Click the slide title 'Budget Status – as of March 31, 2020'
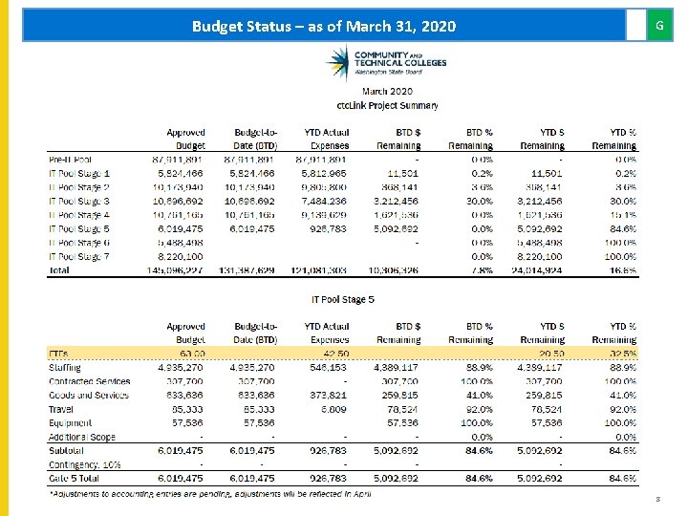pos(324,26)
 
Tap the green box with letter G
pos(659,26)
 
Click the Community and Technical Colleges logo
pos(386,64)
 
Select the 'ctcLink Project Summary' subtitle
pos(387,105)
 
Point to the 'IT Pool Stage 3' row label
pos(79,202)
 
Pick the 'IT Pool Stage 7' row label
pos(79,257)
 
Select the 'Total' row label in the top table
pos(59,270)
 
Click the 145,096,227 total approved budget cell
pos(177,270)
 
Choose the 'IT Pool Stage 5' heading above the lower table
pos(343,300)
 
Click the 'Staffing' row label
pos(65,368)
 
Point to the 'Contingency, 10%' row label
pos(85,464)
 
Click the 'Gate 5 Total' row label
pos(75,479)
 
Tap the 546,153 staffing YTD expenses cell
pos(329,368)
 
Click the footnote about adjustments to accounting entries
pos(209,493)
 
